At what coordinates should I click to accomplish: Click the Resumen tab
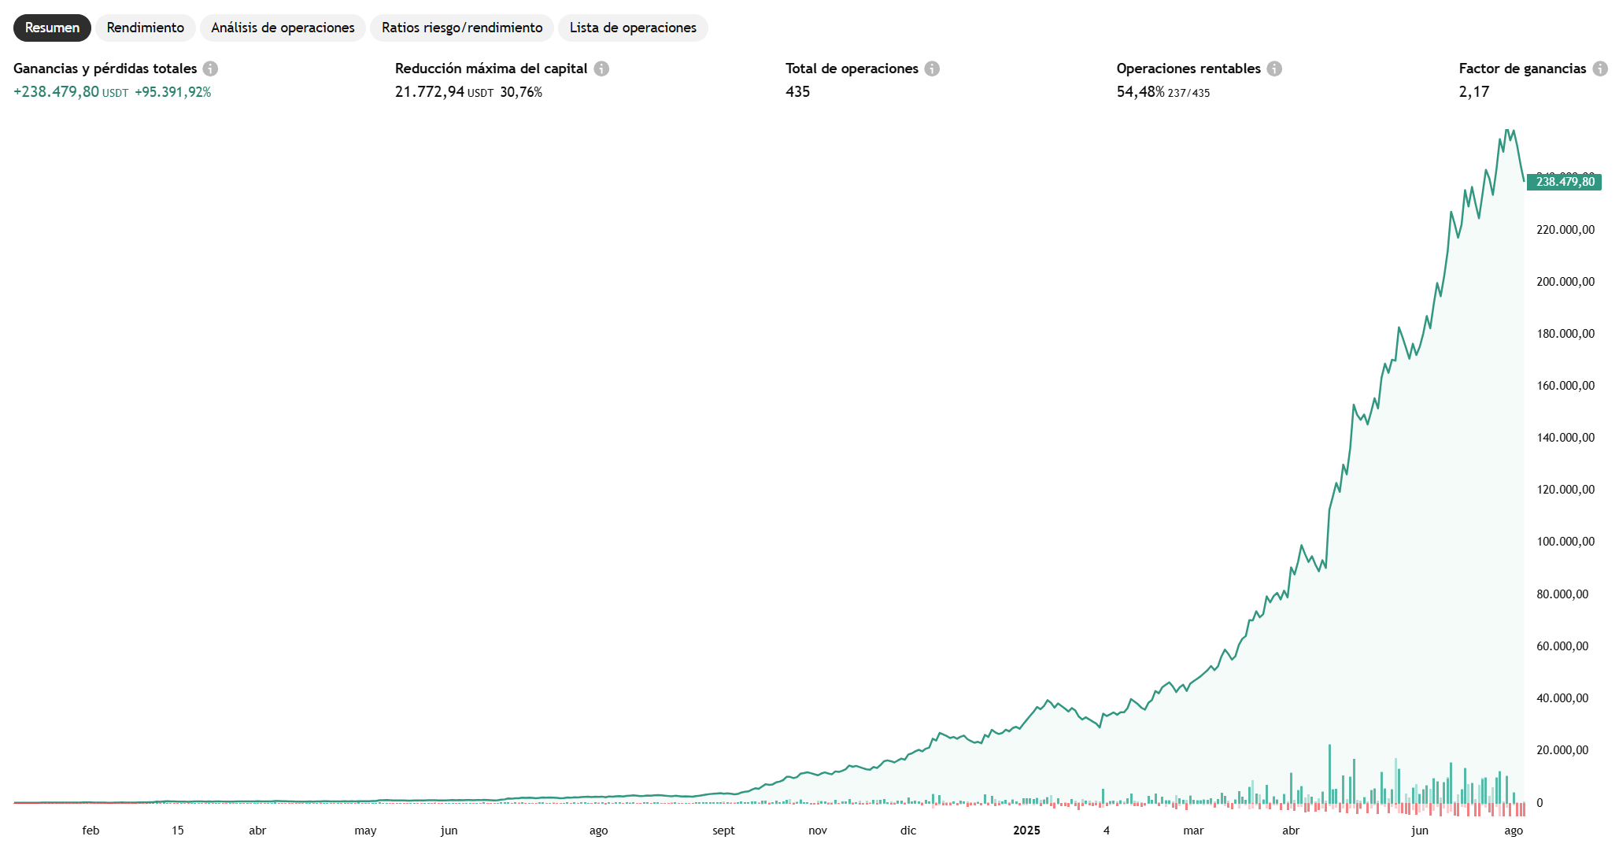pyautogui.click(x=52, y=28)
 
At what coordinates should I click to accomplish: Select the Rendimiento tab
pyautogui.click(x=146, y=28)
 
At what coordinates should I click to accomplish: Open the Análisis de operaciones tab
pyautogui.click(x=283, y=28)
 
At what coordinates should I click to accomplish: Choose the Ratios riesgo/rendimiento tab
pyautogui.click(x=462, y=28)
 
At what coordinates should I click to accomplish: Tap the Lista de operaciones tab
pyautogui.click(x=633, y=28)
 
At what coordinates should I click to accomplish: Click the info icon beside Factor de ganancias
pyautogui.click(x=1600, y=68)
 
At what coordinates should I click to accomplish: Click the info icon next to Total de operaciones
pyautogui.click(x=932, y=68)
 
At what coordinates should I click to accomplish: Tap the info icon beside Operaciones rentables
pyautogui.click(x=1274, y=68)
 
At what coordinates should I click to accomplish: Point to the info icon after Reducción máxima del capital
pyautogui.click(x=601, y=68)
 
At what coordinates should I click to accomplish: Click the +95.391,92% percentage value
pyautogui.click(x=173, y=92)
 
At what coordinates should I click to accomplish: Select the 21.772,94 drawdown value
pyautogui.click(x=430, y=92)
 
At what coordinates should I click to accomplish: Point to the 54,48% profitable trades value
pyautogui.click(x=1140, y=92)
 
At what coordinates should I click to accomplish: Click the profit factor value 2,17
pyautogui.click(x=1473, y=92)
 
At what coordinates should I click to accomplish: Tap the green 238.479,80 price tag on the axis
pyautogui.click(x=1565, y=182)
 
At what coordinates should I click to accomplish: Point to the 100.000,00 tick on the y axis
pyautogui.click(x=1565, y=542)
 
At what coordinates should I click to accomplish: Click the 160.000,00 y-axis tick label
pyautogui.click(x=1565, y=386)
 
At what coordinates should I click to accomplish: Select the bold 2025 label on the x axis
pyautogui.click(x=1026, y=831)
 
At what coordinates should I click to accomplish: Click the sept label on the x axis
pyautogui.click(x=723, y=831)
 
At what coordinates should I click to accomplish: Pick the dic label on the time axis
pyautogui.click(x=908, y=831)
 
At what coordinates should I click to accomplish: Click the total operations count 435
pyautogui.click(x=797, y=92)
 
